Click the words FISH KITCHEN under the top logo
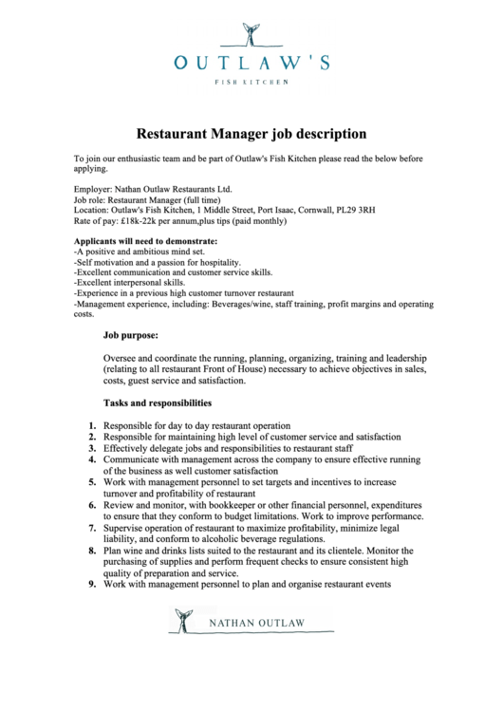coord(251,83)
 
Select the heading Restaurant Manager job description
coord(251,134)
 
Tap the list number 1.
coord(92,426)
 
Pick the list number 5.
coord(92,482)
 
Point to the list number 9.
coord(92,585)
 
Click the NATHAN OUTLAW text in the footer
coord(259,623)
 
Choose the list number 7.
coord(92,528)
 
